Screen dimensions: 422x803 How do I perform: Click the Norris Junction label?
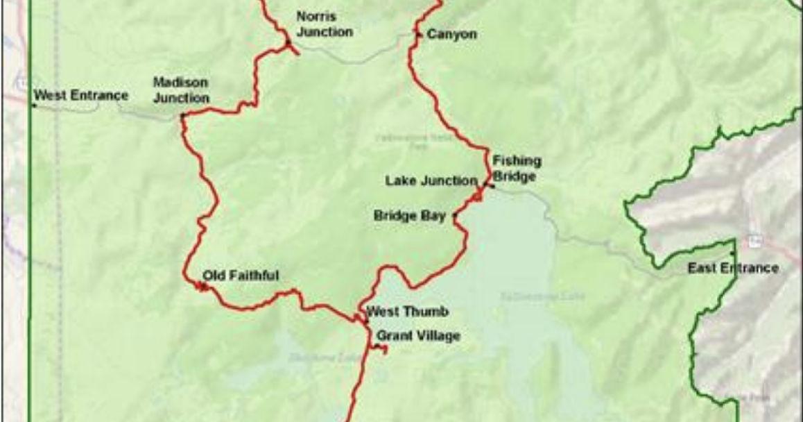tap(324, 24)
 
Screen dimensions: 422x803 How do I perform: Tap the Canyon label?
tap(451, 34)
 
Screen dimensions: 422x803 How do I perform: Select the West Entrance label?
tap(81, 95)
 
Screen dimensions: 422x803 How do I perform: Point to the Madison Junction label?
tap(180, 90)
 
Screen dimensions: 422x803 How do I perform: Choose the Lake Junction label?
tap(431, 181)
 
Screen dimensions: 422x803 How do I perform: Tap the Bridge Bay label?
tap(409, 216)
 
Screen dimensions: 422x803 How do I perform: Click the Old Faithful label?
tap(240, 276)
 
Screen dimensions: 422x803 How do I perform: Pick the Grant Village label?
tap(418, 336)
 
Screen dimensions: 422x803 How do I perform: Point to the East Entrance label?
tap(733, 268)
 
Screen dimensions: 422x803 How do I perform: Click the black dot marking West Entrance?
tap(33, 105)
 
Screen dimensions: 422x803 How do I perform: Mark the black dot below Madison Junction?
tap(182, 117)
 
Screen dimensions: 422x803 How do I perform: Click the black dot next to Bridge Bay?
tap(454, 217)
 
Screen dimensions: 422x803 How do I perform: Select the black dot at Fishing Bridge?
tap(492, 185)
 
